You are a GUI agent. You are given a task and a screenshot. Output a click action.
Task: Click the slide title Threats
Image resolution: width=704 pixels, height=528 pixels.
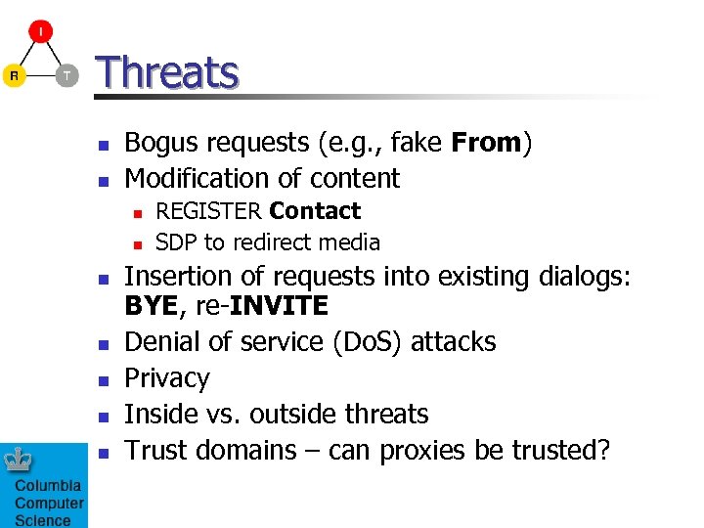pyautogui.click(x=167, y=73)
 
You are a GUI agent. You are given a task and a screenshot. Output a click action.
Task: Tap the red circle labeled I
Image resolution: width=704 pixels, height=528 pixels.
pyautogui.click(x=40, y=33)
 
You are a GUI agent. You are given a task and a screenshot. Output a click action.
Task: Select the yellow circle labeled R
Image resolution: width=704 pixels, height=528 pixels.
pyautogui.click(x=14, y=75)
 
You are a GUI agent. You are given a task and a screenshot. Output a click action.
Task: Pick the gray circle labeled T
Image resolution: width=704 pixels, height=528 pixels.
pyautogui.click(x=66, y=75)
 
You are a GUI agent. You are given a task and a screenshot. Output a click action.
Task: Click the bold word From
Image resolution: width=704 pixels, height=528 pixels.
pyautogui.click(x=487, y=143)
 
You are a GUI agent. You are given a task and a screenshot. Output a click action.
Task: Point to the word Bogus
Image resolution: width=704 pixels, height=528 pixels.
pyautogui.click(x=160, y=144)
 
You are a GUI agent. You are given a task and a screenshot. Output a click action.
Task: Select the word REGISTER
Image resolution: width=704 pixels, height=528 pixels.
pyautogui.click(x=208, y=211)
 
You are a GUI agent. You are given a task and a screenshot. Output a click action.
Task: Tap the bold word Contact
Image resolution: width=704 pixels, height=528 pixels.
pyautogui.click(x=315, y=211)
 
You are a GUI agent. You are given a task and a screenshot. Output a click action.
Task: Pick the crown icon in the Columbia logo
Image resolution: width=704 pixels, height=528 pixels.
pyautogui.click(x=22, y=461)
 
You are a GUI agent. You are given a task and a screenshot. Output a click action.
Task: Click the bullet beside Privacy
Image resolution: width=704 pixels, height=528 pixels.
pyautogui.click(x=103, y=378)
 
